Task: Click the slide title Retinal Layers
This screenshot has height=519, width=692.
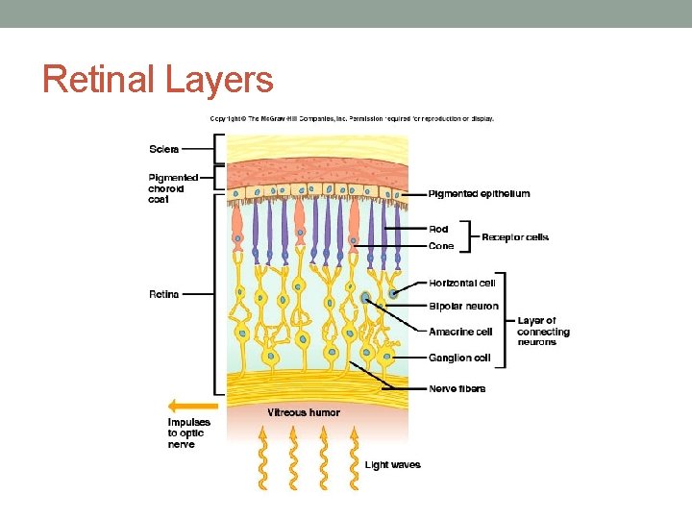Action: tap(158, 79)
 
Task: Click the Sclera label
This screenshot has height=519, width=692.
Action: tap(163, 149)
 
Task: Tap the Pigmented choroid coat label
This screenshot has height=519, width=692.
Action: tap(173, 188)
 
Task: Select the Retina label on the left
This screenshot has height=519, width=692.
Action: tap(163, 294)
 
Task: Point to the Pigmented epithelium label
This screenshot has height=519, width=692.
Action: tap(479, 194)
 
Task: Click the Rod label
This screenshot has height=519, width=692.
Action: tap(438, 229)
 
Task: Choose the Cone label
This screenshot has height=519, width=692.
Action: tap(441, 246)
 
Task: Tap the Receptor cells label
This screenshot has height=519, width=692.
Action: tap(515, 237)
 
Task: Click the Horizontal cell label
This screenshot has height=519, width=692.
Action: tap(462, 283)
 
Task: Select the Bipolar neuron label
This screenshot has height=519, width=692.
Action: tap(463, 307)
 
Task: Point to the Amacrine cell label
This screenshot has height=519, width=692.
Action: tap(460, 332)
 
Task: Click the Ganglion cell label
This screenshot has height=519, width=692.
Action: tap(459, 358)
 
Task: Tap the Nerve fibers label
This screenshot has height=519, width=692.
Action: tap(457, 388)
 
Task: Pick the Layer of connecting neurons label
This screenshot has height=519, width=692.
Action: tap(543, 332)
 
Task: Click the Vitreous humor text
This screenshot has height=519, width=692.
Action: tap(304, 412)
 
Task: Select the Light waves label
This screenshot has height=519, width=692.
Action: tap(392, 465)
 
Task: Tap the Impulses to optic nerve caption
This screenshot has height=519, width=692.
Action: tap(188, 433)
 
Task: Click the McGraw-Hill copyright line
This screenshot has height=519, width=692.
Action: tap(352, 119)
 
